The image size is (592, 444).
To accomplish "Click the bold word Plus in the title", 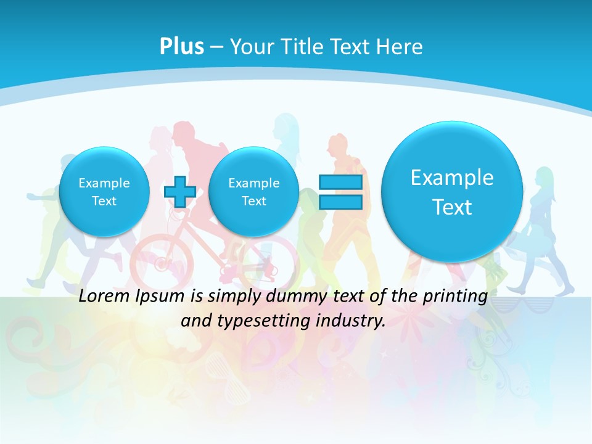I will pyautogui.click(x=181, y=47).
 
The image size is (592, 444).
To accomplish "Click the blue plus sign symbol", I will pyautogui.click(x=180, y=191).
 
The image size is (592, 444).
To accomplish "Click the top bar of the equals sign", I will pyautogui.click(x=340, y=182).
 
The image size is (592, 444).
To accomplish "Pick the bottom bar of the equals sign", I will pyautogui.click(x=340, y=202).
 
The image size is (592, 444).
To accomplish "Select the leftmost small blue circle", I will pyautogui.click(x=104, y=191).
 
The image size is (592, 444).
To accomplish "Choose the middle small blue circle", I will pyautogui.click(x=253, y=191).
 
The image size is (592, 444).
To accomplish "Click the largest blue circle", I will pyautogui.click(x=452, y=191).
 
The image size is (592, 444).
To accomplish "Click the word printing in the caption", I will pyautogui.click(x=457, y=297).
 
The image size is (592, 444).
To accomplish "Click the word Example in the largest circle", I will pyautogui.click(x=452, y=178).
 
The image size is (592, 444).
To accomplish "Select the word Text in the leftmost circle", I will pyautogui.click(x=104, y=201).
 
